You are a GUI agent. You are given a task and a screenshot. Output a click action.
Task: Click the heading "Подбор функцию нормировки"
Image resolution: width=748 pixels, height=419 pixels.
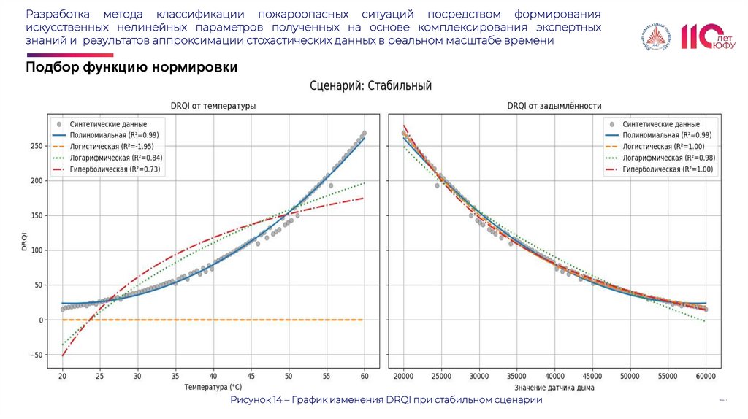coord(131,67)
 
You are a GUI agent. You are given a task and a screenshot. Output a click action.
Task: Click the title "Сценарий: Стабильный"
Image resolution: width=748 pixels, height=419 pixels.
coord(371,85)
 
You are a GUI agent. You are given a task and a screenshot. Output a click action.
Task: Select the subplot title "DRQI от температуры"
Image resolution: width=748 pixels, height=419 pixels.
coord(213,107)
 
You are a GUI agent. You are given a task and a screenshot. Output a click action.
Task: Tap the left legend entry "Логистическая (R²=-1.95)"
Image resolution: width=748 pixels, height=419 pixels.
coord(115,147)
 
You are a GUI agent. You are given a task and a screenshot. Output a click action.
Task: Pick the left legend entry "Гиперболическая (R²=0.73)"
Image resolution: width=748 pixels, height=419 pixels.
coord(115,169)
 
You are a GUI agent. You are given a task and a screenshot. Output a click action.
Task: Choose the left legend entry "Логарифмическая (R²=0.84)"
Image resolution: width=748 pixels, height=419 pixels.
coord(115,158)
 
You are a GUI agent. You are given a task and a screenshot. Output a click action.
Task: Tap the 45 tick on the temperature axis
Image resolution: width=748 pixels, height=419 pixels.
coord(251,376)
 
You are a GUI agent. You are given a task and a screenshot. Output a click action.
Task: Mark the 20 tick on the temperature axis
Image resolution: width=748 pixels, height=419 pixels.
coord(63,376)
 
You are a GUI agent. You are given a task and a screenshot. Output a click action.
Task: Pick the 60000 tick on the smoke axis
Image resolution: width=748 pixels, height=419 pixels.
coord(705,376)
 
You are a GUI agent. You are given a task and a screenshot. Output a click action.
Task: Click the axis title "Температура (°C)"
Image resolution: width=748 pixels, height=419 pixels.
coord(213,387)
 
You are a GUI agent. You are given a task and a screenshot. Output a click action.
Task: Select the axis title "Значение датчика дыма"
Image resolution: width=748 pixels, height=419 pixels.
coord(554,387)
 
